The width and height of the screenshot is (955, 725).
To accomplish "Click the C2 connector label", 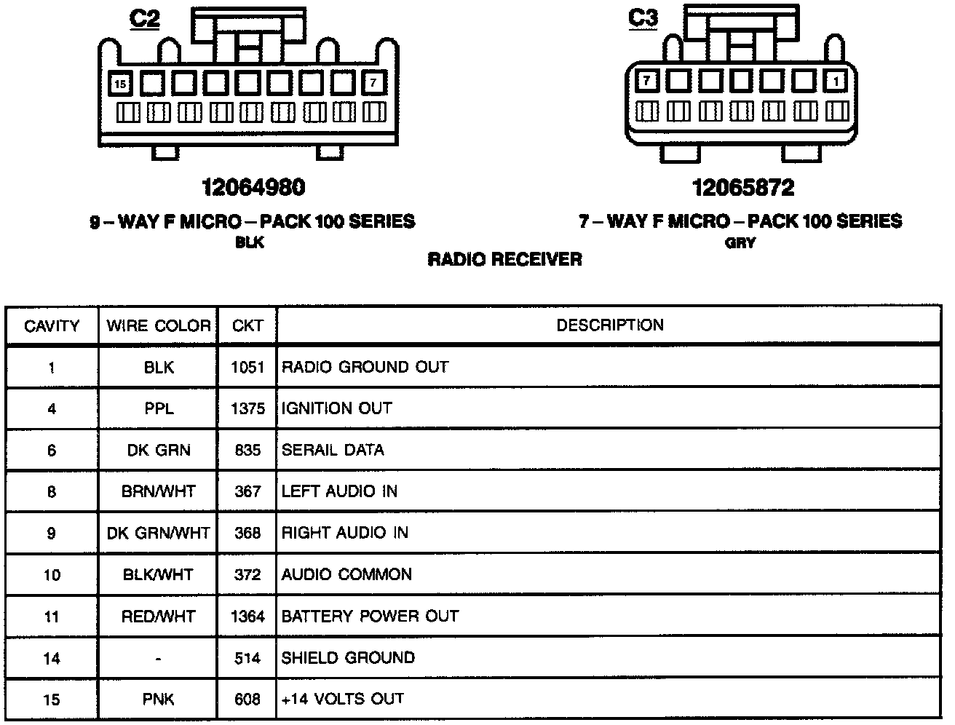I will click(144, 18).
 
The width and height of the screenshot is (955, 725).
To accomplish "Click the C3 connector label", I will click(643, 17).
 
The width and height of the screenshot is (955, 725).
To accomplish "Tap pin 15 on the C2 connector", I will click(120, 84).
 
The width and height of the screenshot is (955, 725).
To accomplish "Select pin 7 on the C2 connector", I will click(373, 83).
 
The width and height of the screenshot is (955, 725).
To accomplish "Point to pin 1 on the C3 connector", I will click(836, 81).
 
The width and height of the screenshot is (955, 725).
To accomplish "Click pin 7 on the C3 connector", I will click(646, 80).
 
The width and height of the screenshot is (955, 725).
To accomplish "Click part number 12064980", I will click(253, 188).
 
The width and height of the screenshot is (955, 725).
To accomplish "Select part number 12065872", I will click(742, 189).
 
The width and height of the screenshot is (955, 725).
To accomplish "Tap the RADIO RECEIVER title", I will click(504, 260).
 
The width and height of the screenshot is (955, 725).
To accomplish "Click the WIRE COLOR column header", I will click(159, 325).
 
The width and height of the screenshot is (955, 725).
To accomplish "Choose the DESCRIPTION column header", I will click(610, 325).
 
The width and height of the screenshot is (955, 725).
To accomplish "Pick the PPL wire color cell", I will click(159, 409).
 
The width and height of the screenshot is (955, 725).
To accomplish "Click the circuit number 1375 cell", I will click(247, 409).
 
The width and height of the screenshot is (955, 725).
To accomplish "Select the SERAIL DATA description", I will click(333, 451).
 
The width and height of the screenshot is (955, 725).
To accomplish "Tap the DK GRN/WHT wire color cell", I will click(159, 534).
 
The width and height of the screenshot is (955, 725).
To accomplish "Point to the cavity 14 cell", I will click(52, 659).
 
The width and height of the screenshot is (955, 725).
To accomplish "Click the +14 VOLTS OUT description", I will click(342, 700).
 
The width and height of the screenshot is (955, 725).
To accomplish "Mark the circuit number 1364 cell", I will click(247, 617).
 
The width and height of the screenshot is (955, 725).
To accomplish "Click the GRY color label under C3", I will click(740, 243).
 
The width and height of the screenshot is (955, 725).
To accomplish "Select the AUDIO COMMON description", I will click(346, 575).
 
